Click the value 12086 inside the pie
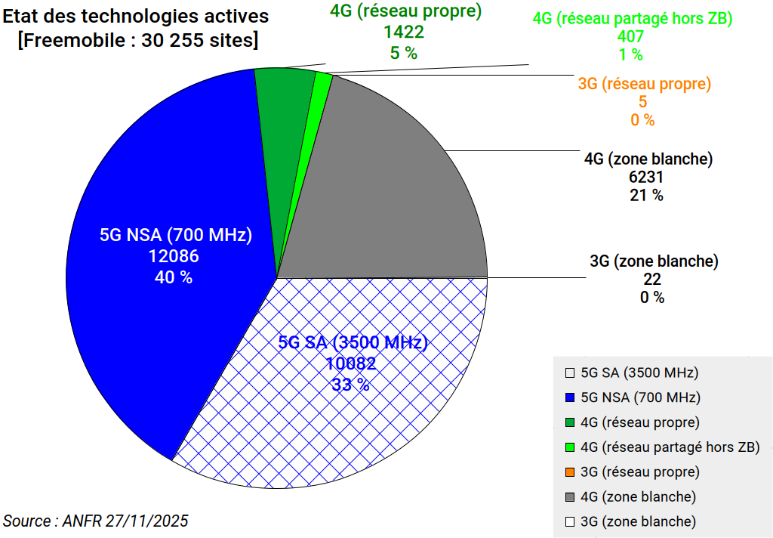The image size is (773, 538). coord(174,256)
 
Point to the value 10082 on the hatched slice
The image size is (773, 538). coord(351,363)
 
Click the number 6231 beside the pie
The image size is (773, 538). coord(646,178)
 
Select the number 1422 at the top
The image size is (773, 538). coord(403,32)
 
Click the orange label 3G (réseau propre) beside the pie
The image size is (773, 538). coord(645,84)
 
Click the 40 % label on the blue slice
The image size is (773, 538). coord(174,277)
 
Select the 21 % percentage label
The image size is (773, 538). coord(646,196)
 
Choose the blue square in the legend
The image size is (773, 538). coord(570,397)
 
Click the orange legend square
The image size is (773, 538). coord(570,472)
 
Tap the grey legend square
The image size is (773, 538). coord(570,496)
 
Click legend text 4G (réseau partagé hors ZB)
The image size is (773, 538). coord(670,447)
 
